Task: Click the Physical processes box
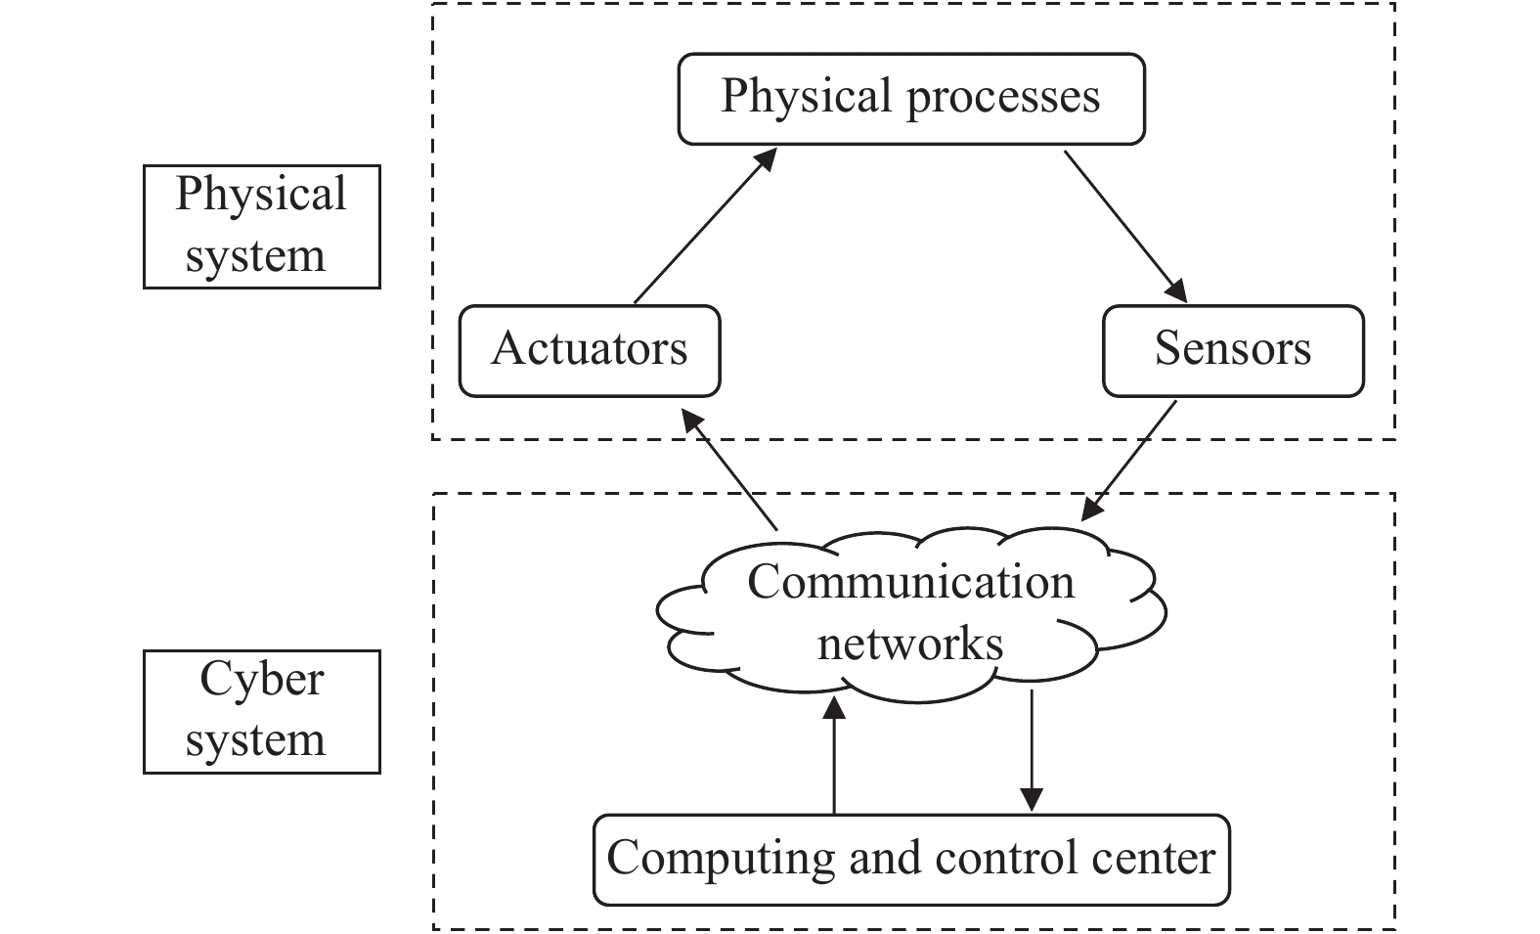911,99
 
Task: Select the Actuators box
590,351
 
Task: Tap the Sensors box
1233,351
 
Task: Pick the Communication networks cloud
911,615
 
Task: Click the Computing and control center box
911,860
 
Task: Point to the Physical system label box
261,226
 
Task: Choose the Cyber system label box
261,712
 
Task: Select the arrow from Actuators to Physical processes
705,225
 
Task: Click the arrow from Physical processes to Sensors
1126,226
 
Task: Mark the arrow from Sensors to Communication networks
1128,461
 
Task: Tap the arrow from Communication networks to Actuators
728,469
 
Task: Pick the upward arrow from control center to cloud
834,754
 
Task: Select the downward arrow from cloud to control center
1032,750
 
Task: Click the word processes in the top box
1003,99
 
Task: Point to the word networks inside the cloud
910,644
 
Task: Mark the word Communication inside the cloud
911,582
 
